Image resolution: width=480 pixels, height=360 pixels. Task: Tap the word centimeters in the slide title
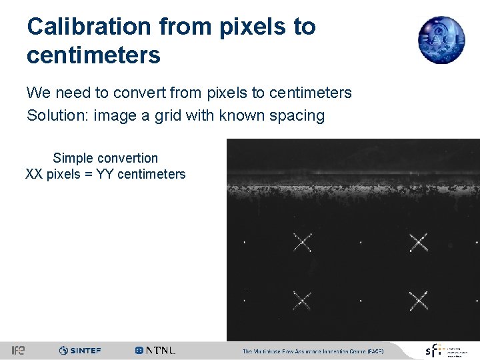click(x=93, y=55)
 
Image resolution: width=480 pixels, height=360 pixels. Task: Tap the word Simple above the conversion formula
click(x=73, y=158)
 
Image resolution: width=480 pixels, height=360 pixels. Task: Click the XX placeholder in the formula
click(x=34, y=175)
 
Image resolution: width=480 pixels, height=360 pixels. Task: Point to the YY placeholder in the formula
click(x=104, y=175)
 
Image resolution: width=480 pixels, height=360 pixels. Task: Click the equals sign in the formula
click(x=87, y=175)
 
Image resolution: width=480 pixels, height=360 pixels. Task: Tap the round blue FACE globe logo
click(x=441, y=40)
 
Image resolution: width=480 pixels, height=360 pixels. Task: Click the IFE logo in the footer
click(x=18, y=350)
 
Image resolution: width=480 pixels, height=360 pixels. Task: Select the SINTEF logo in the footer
click(x=80, y=350)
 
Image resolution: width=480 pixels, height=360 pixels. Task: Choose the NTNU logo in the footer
click(x=155, y=350)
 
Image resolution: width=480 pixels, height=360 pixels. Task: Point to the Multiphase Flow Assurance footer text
click(x=313, y=351)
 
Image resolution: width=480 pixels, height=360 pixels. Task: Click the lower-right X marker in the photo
click(x=419, y=301)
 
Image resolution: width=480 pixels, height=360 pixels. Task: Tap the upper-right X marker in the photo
click(x=419, y=242)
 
